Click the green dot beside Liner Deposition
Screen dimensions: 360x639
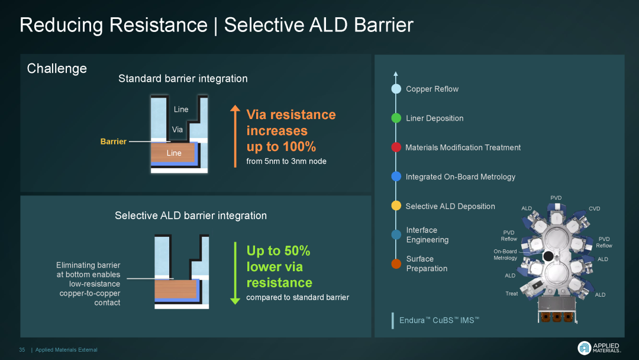point(396,118)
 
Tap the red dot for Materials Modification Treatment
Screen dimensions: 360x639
point(396,147)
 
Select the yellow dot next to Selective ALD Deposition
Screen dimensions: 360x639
point(396,205)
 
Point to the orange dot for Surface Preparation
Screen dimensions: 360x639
point(396,263)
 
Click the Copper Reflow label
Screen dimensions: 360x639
point(432,89)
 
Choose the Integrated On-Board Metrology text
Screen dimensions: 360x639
point(460,176)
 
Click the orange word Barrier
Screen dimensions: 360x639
point(113,142)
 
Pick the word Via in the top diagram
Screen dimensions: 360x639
point(177,129)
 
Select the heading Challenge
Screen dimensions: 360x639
point(57,68)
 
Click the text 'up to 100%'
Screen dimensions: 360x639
point(281,146)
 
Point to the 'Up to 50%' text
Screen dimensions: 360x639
point(278,250)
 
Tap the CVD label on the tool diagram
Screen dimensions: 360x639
point(594,208)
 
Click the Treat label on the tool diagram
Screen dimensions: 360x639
point(512,294)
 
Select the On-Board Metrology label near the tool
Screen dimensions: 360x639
point(505,255)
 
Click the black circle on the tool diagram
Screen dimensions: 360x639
point(548,256)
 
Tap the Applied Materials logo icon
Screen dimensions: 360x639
point(584,348)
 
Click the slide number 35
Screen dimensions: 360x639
point(22,350)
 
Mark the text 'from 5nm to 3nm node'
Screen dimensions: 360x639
point(286,161)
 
